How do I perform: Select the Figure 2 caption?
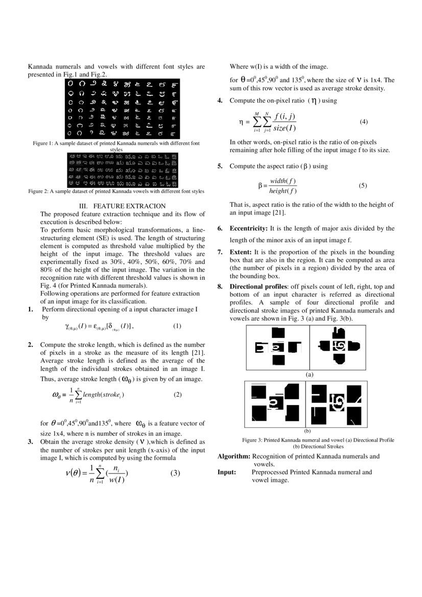coord(116,191)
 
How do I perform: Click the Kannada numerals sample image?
coord(123,108)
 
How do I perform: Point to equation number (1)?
coord(177,326)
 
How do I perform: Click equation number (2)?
coord(177,394)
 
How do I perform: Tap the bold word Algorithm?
coord(233,456)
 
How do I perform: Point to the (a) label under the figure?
coord(309,374)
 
